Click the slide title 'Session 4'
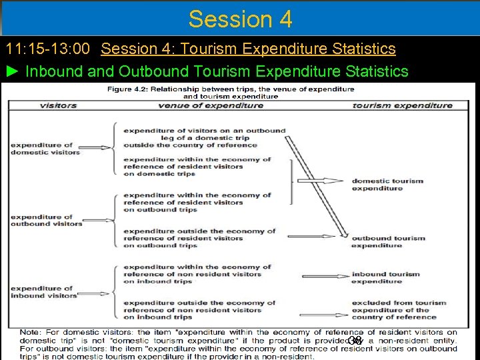240,19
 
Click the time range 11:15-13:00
50,49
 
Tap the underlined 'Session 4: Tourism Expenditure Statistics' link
249,49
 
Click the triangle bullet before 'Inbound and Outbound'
13,71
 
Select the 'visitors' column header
58,105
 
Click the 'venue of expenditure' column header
210,105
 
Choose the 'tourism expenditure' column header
402,105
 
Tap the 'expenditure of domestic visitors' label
45,149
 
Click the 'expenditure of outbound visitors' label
46,220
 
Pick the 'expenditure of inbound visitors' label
43,291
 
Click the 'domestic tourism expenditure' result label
387,184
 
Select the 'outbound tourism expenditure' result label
388,241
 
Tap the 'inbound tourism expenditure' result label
386,277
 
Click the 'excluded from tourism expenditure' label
399,310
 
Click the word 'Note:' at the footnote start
30,332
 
